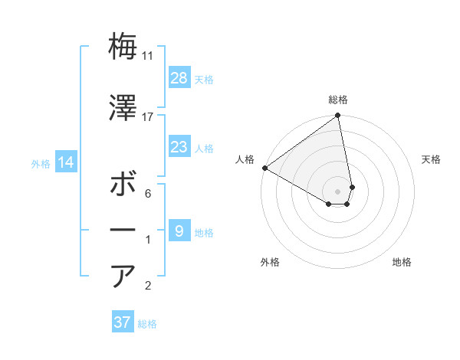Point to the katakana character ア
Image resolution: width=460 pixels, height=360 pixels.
[x=123, y=276]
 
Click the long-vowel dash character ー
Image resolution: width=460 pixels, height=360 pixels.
[x=123, y=230]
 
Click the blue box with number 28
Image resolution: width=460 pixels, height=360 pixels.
[x=179, y=78]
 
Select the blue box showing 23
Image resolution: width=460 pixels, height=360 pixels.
[x=179, y=147]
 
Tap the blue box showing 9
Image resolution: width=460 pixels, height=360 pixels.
[x=179, y=231]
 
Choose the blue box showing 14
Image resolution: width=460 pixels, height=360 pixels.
[x=65, y=162]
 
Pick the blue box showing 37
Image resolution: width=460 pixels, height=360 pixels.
[x=123, y=322]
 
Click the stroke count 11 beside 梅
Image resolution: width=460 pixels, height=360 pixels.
[x=148, y=55]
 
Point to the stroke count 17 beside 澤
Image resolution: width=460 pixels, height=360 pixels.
[x=148, y=116]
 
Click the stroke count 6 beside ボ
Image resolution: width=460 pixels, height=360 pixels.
[x=148, y=195]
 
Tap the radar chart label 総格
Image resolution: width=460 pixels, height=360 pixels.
[x=338, y=100]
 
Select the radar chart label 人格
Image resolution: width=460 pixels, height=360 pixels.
[x=245, y=159]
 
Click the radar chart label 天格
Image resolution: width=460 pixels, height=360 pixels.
[x=432, y=159]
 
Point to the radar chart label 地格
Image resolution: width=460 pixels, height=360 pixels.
[x=402, y=262]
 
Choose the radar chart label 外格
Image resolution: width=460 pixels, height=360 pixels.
[x=270, y=262]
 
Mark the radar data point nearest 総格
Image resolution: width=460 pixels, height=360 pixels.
[x=337, y=116]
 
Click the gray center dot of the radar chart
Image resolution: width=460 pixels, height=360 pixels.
[x=338, y=190]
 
